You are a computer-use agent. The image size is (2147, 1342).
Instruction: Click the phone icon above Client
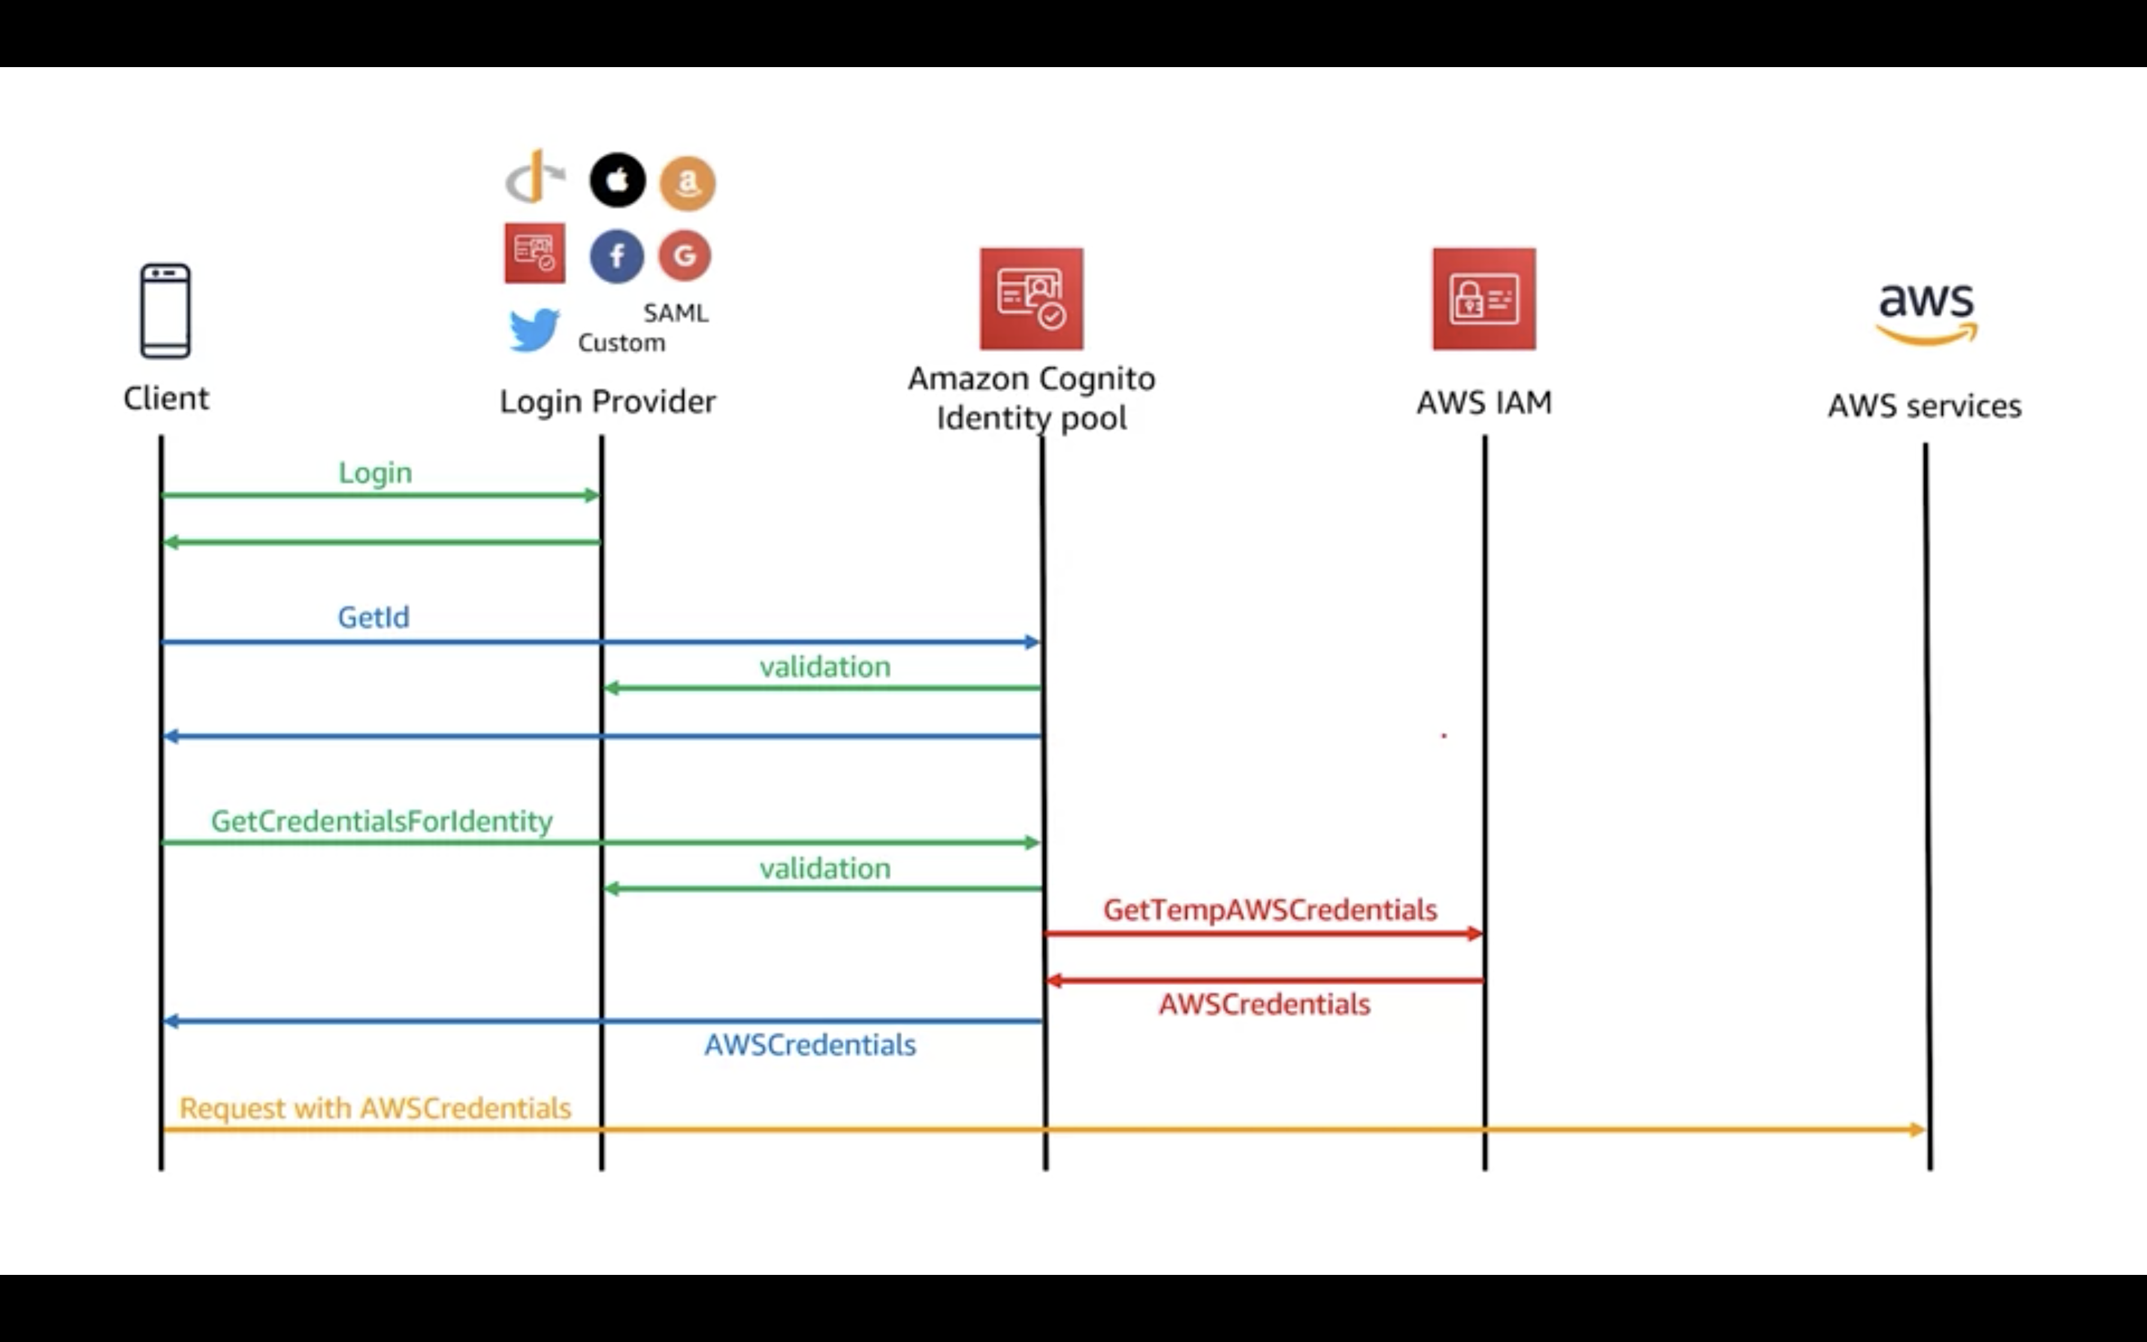[x=165, y=311]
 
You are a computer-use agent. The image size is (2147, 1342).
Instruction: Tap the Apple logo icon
[x=618, y=180]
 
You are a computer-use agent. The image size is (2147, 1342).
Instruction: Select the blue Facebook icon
[x=616, y=256]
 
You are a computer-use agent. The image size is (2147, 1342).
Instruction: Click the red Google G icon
[x=684, y=256]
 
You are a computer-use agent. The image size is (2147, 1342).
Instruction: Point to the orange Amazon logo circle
[x=688, y=183]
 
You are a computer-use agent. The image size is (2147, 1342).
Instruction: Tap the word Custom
[x=621, y=343]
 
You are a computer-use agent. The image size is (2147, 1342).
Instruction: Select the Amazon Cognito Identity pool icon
[x=1031, y=298]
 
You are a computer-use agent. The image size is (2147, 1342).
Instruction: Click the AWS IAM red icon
[x=1483, y=298]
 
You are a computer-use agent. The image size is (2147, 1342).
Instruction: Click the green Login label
[x=375, y=472]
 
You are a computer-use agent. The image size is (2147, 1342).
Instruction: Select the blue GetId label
[x=373, y=617]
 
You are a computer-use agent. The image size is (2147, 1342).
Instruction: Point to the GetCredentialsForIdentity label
[x=382, y=821]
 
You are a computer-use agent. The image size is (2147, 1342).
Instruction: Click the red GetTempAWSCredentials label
[x=1269, y=910]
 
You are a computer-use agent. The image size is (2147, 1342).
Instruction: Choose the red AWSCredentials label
[x=1264, y=1005]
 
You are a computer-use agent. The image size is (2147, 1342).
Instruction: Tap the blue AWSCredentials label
[x=810, y=1045]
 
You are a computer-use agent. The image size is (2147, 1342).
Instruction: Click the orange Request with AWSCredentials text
[x=375, y=1108]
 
